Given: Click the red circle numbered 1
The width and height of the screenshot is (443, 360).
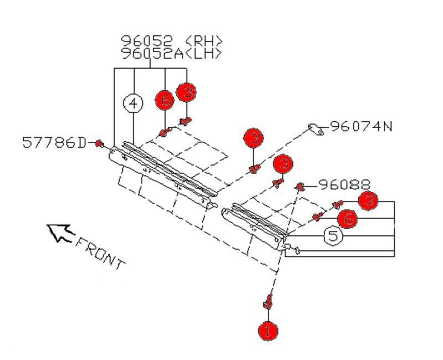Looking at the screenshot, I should click(x=268, y=331).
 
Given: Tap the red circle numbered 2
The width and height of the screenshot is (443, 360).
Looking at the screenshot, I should click(x=254, y=138).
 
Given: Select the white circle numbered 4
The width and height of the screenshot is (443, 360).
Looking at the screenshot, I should click(x=133, y=103).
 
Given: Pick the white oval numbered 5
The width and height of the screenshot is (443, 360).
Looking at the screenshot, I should click(x=332, y=236).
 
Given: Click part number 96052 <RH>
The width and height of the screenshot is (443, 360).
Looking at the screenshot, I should click(x=172, y=42).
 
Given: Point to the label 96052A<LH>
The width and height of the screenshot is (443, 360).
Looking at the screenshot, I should click(x=172, y=53).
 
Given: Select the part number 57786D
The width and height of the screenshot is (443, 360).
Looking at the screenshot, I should click(x=54, y=143).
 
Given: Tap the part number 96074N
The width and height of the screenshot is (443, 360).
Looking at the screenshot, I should click(x=361, y=127).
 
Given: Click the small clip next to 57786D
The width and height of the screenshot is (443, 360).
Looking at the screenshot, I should click(x=99, y=144).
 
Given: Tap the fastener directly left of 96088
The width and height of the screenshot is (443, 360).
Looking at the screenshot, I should click(x=301, y=187).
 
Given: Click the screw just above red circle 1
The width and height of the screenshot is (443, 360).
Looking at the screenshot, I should click(x=268, y=302).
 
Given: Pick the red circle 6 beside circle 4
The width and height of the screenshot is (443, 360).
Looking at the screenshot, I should click(x=164, y=100).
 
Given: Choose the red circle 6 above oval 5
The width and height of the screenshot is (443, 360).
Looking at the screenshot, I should click(x=347, y=219).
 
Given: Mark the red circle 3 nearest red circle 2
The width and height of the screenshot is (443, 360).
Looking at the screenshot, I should click(x=283, y=164).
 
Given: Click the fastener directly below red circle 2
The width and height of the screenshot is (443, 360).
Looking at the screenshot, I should click(x=254, y=168).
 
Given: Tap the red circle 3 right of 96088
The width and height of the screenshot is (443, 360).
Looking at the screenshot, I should click(x=369, y=200).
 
